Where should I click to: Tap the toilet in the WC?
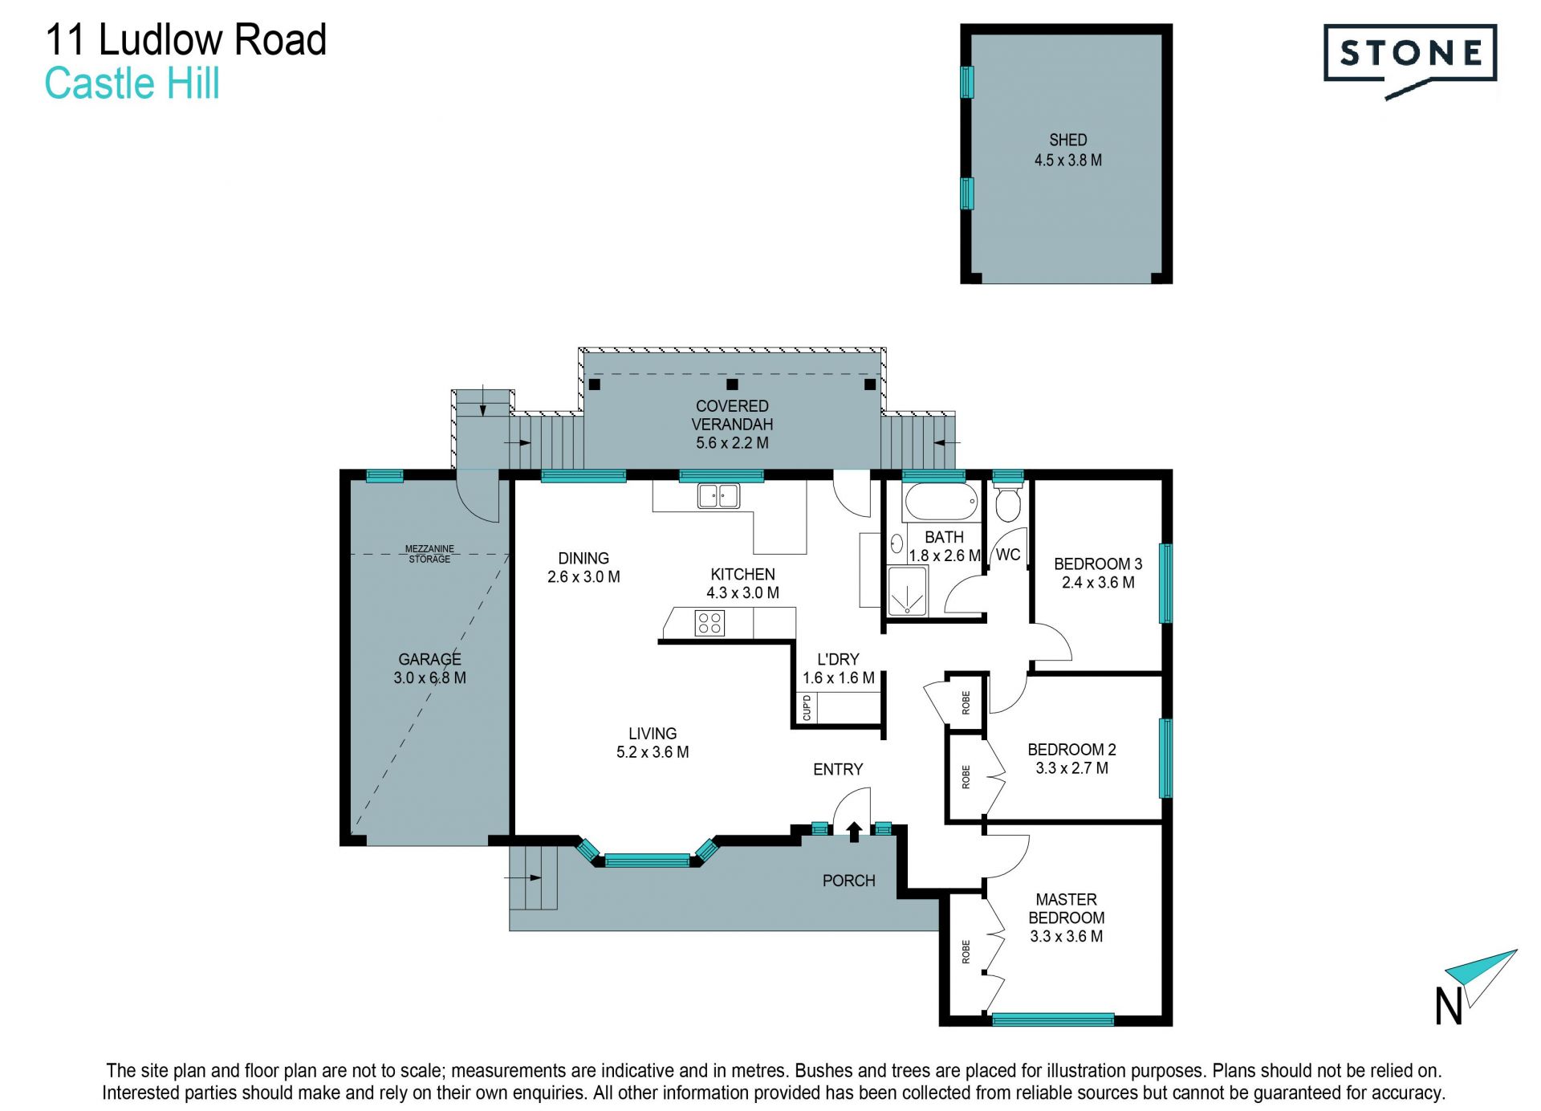tap(1007, 501)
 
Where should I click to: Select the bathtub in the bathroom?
tap(941, 503)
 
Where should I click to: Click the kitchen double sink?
tap(718, 495)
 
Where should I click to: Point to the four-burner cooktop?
tap(710, 623)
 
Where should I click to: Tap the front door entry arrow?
tap(854, 832)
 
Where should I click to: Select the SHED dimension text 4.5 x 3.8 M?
tap(1067, 160)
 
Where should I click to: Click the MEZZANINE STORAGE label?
tap(429, 554)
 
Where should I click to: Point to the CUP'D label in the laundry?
tap(807, 708)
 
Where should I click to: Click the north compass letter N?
tap(1448, 1006)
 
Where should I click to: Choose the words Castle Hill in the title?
tap(132, 83)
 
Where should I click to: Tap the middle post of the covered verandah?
tap(732, 385)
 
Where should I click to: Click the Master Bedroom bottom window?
tap(1053, 1019)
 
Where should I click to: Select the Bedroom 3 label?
tap(1098, 564)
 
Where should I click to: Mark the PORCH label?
tap(848, 881)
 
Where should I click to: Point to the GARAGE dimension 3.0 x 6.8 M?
tap(429, 678)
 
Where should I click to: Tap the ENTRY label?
tap(838, 769)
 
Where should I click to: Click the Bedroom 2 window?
tap(1165, 758)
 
